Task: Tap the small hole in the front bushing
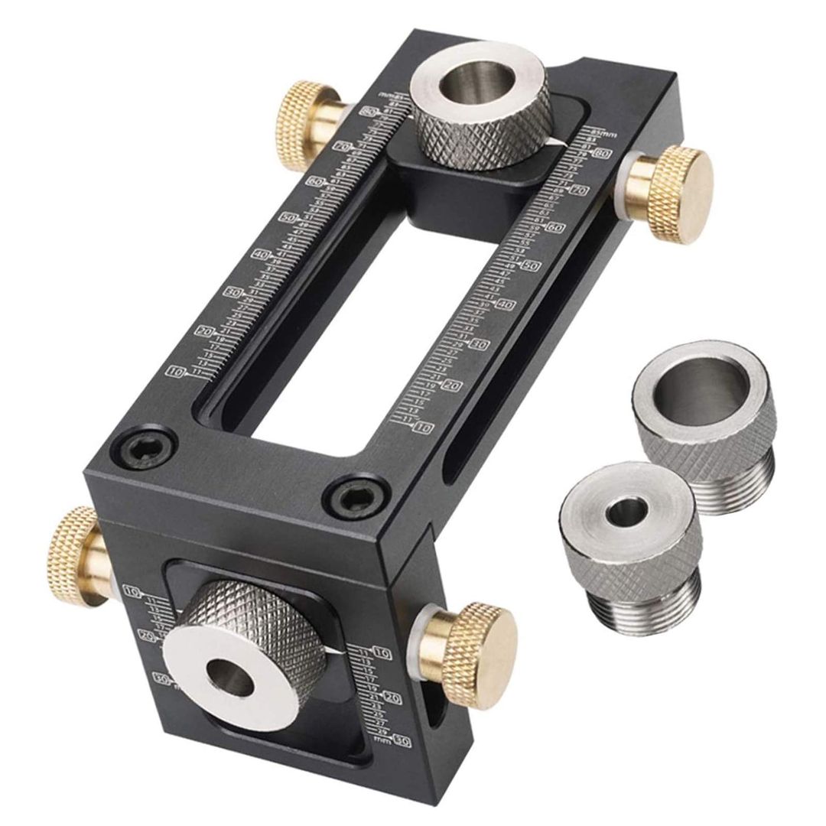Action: [x=229, y=676]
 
